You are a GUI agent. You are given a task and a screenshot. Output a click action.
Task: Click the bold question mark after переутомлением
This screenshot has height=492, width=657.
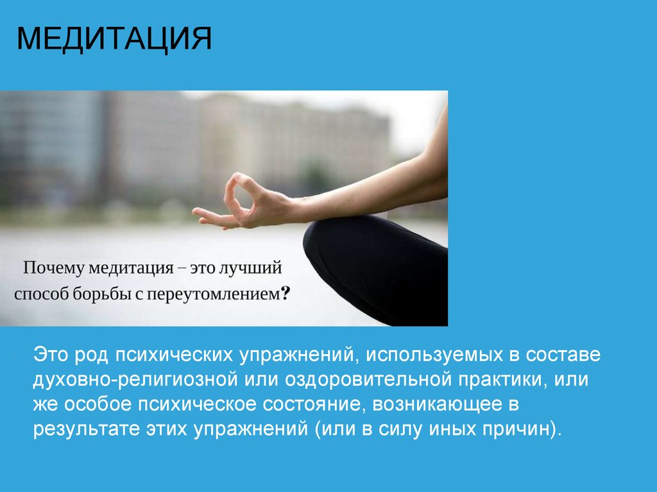(x=286, y=294)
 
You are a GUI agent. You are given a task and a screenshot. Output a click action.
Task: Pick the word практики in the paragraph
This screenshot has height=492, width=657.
(x=501, y=379)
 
